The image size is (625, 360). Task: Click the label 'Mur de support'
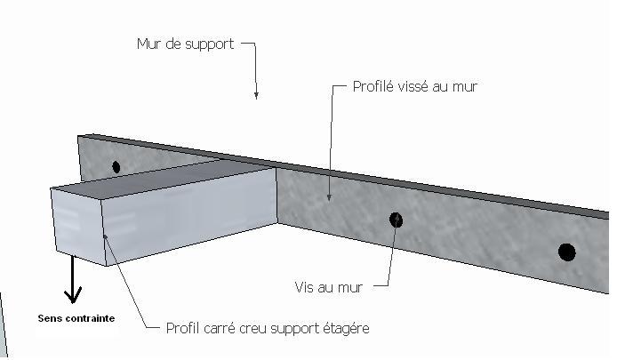[185, 44]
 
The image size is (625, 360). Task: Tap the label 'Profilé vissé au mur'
[416, 87]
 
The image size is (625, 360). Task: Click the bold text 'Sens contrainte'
[76, 318]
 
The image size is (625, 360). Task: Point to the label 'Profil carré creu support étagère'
[267, 329]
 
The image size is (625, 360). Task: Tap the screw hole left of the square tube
[116, 166]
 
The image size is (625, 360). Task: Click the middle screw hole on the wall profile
[396, 220]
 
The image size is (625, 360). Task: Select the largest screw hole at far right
[566, 252]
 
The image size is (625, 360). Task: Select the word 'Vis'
[304, 287]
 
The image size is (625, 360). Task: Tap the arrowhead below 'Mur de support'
[256, 94]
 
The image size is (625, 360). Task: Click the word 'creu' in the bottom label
[252, 329]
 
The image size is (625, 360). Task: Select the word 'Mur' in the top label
[148, 44]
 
